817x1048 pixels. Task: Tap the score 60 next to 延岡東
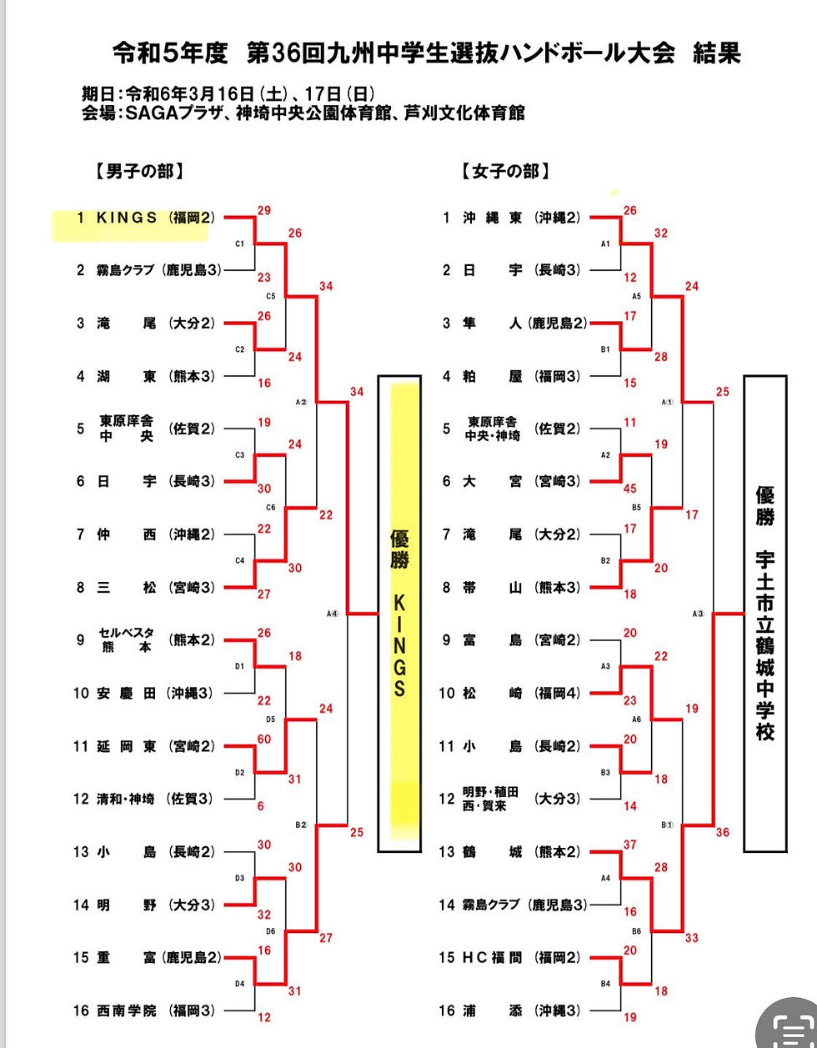point(264,740)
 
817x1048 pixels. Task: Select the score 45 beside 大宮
point(630,489)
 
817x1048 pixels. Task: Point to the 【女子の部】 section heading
point(505,172)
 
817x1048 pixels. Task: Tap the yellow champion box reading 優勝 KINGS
point(399,613)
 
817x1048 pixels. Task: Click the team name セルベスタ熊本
point(126,640)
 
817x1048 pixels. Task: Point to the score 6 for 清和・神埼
point(261,806)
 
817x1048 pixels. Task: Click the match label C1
point(239,243)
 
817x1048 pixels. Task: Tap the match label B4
point(606,985)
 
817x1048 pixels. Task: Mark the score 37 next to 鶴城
point(630,845)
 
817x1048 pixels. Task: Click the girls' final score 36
point(722,832)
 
